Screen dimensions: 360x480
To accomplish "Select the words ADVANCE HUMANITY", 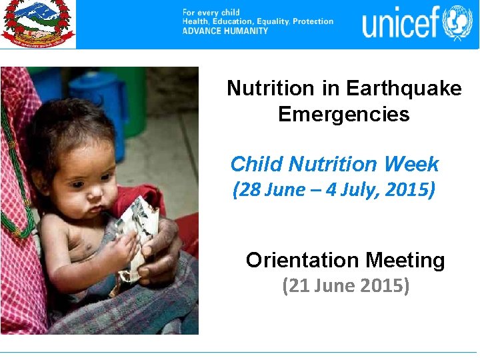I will (225, 31).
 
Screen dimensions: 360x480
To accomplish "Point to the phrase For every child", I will (211, 13).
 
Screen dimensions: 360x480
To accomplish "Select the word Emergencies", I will (343, 114).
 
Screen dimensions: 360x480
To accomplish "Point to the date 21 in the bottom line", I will (295, 286).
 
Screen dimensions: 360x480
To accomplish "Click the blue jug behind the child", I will (104, 93).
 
